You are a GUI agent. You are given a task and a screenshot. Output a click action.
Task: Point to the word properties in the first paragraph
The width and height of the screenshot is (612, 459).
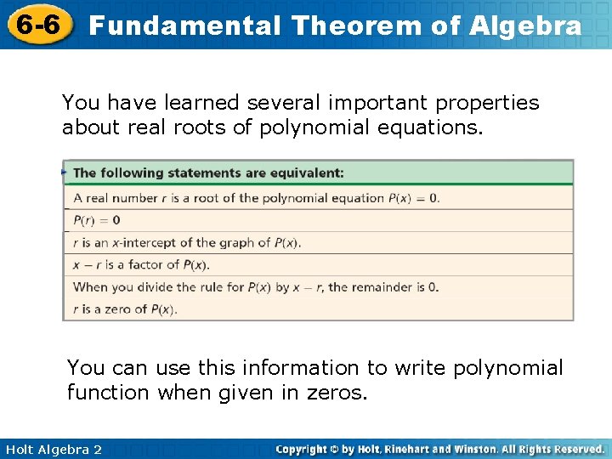point(487,103)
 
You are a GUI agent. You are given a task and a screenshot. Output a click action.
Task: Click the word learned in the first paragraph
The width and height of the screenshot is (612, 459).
point(202,103)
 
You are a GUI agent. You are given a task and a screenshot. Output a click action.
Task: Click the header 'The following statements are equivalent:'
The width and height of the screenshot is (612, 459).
point(208,173)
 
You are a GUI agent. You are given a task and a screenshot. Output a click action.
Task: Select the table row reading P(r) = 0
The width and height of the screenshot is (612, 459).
point(97,220)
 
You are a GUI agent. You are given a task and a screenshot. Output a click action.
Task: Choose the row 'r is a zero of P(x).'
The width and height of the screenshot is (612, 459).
point(125,309)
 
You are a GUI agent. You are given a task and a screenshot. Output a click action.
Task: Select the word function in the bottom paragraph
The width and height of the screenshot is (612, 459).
point(108,394)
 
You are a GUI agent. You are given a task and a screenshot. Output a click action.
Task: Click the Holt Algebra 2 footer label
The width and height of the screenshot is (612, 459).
point(53,450)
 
